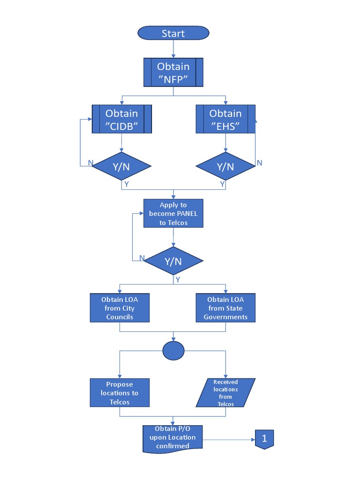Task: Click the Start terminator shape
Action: coord(173,33)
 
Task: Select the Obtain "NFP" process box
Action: coord(173,73)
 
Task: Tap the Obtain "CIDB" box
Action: coord(122,120)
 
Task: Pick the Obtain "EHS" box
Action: coord(225,120)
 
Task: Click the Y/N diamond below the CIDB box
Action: coord(121,166)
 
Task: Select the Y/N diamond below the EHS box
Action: coord(225,166)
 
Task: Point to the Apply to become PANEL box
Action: coord(173,214)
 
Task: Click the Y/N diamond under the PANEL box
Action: coord(173,261)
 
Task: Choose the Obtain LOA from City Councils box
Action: coord(120,308)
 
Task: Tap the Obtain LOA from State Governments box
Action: coord(225,308)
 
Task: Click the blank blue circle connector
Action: coord(173,351)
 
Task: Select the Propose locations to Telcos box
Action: coord(120,393)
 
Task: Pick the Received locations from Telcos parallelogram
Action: coord(225,393)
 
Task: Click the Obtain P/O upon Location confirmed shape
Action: coord(173,438)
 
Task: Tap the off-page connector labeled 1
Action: coord(264,439)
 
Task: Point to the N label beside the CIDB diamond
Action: coord(90,163)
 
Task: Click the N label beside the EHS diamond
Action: coord(259,163)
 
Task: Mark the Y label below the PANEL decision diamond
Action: coord(178,279)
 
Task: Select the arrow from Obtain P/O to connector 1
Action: coord(230,439)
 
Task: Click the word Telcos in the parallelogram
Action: coord(225,404)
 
